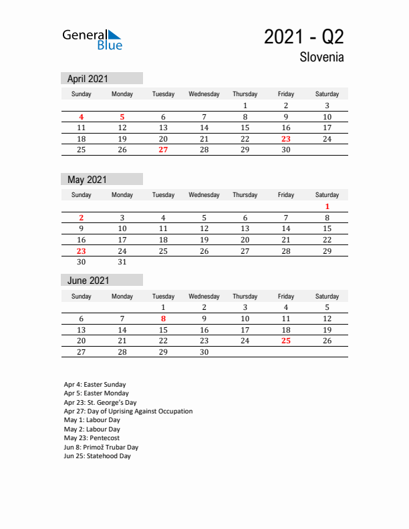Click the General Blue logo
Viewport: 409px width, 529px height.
point(92,39)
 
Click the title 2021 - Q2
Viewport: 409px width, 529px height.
point(303,37)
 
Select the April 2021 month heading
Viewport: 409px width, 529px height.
point(88,79)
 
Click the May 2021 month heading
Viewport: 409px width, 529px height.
point(87,180)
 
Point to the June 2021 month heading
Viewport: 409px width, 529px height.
point(88,281)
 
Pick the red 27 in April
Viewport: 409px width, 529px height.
point(163,150)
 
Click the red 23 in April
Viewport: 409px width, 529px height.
point(285,139)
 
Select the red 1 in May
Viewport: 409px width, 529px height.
point(327,207)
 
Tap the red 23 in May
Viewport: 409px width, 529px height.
point(82,251)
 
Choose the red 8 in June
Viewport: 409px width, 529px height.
point(163,319)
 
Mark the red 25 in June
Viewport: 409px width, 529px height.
point(285,341)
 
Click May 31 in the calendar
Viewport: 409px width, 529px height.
point(122,262)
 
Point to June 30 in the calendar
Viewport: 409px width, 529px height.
point(204,351)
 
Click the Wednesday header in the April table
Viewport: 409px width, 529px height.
point(204,94)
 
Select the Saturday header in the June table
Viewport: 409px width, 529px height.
point(327,296)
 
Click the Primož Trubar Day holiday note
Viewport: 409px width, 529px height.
point(101,448)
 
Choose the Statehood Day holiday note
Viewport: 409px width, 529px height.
point(98,456)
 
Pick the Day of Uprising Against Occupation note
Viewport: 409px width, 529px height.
point(128,411)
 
